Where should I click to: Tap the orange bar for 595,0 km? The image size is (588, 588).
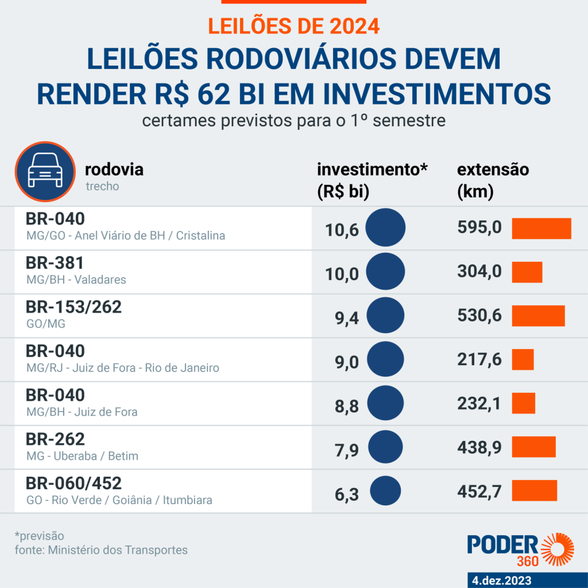(x=541, y=229)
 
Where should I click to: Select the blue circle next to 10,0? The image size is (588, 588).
(x=385, y=272)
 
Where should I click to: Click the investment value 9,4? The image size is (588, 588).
(x=347, y=316)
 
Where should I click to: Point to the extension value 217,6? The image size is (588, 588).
(x=479, y=359)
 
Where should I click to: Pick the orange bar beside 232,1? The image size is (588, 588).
(x=523, y=403)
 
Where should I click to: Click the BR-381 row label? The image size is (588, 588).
(x=55, y=263)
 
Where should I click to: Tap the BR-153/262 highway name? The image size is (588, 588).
(x=74, y=307)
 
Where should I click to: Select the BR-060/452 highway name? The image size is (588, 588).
(x=74, y=483)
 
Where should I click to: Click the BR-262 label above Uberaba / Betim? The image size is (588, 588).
(x=55, y=439)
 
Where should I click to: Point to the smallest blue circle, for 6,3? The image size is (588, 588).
(x=385, y=492)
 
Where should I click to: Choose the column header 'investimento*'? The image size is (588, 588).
(x=373, y=170)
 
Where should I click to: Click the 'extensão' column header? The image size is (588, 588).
(x=493, y=170)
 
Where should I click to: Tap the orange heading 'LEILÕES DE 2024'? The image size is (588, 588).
(x=293, y=26)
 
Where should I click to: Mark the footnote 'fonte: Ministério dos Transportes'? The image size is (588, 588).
(x=101, y=550)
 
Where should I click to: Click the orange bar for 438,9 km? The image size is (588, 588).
(x=533, y=447)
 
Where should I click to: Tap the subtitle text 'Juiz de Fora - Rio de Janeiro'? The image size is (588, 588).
(x=146, y=368)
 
